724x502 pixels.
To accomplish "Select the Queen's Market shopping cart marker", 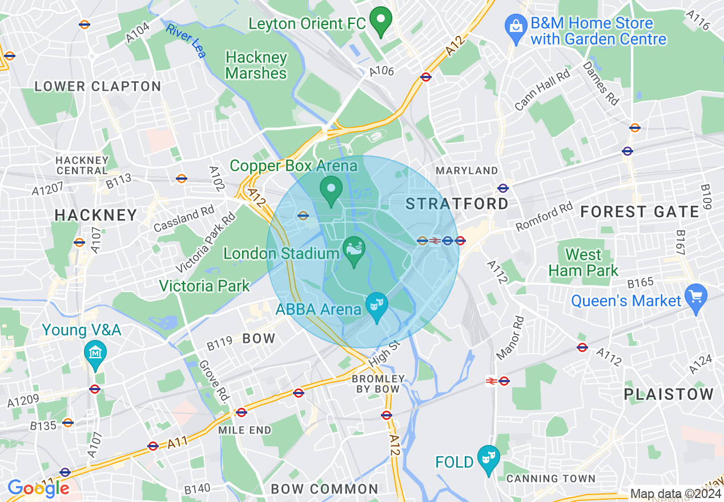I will click(x=695, y=298).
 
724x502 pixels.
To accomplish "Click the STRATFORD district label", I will click(x=457, y=204).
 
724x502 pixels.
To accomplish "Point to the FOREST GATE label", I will click(x=639, y=212).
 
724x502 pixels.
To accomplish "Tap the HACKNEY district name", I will click(x=96, y=215).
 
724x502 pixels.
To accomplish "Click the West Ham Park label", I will click(x=584, y=262).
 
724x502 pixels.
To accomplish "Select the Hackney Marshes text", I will click(x=256, y=65).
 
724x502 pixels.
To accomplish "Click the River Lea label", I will click(x=186, y=40).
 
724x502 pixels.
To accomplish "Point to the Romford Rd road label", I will click(x=544, y=217).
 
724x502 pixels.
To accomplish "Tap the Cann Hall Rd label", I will click(x=542, y=90).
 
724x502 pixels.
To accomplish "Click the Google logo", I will click(x=38, y=488).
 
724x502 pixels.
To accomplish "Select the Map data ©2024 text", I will click(x=675, y=493).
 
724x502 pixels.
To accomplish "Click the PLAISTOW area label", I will click(x=669, y=394).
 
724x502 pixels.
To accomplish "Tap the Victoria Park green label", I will click(x=204, y=286).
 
